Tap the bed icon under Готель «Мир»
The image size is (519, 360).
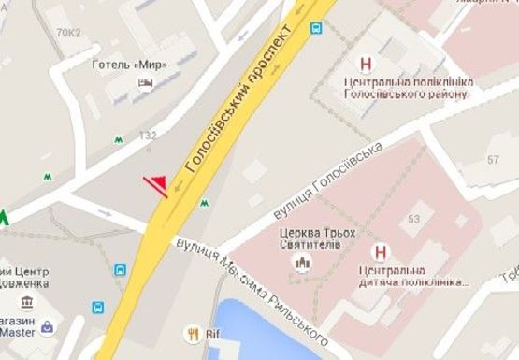point(145,84)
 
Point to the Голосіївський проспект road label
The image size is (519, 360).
point(247,97)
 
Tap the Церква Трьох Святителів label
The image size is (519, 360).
point(310,238)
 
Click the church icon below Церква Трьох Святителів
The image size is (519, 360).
point(301,263)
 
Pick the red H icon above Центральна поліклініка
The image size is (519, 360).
point(366,65)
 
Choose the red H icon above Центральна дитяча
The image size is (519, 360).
point(380,252)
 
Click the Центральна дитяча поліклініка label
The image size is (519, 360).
point(408,277)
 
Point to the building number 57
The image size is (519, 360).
point(494,160)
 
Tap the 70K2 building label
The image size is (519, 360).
point(68,33)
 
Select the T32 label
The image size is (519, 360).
point(148,137)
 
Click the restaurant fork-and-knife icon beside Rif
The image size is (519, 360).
point(194,332)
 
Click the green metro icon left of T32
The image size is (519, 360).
point(119,139)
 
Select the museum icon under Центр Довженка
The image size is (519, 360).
point(24,302)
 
